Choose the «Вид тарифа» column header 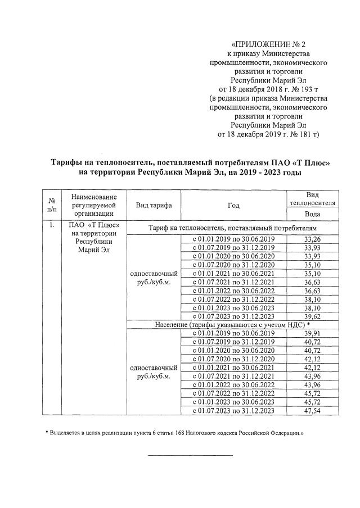click(x=154, y=205)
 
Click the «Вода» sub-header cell click(x=313, y=214)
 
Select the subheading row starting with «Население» click(x=233, y=325)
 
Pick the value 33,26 click(x=313, y=239)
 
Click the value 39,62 click(x=313, y=317)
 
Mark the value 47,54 click(x=313, y=411)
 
